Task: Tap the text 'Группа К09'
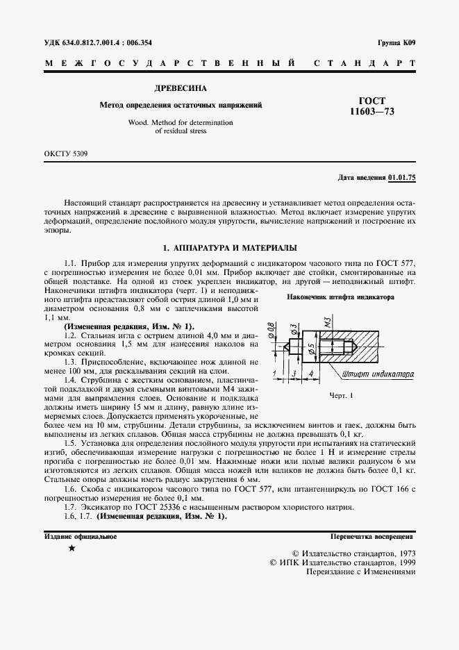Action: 397,42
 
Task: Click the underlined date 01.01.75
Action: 402,178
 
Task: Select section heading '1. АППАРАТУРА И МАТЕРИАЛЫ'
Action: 229,247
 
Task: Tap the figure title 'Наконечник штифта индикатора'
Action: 340,297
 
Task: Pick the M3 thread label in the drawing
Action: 326,323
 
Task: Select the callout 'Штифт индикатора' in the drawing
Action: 378,374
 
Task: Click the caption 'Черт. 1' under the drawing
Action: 340,395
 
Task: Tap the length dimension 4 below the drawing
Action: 310,374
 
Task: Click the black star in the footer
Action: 72,548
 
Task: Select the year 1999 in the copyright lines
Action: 402,562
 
